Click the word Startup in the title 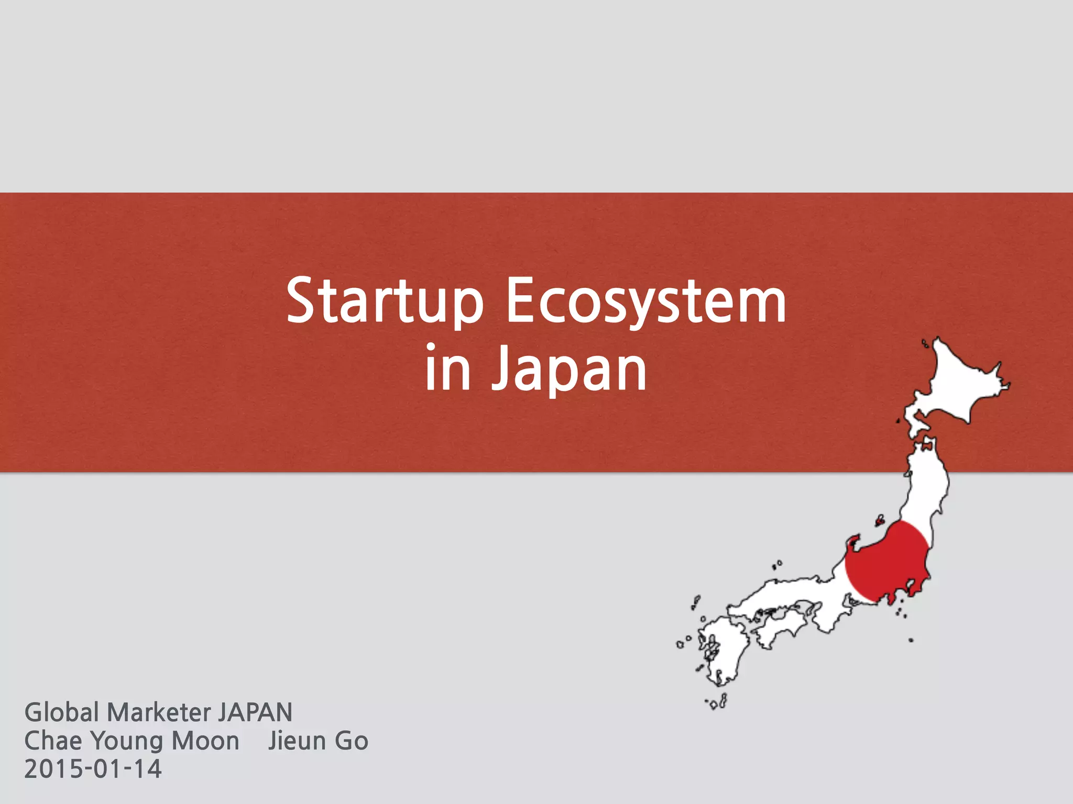pos(384,302)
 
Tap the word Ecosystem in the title pos(645,302)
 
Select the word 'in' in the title pos(447,368)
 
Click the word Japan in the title pos(569,370)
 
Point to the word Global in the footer pos(62,712)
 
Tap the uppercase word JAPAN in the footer pos(255,712)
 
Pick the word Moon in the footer pos(205,741)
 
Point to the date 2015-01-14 pos(93,769)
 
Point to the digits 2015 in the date pos(52,769)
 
